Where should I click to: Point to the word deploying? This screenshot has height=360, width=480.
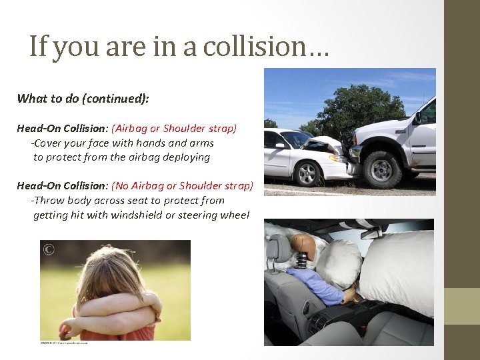pos(187,157)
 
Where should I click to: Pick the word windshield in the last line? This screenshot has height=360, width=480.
pos(136,215)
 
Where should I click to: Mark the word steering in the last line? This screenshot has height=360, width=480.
pos(197,215)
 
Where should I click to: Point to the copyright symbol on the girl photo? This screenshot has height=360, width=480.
pos(48,250)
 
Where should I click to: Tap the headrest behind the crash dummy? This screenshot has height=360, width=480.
pos(280,250)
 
